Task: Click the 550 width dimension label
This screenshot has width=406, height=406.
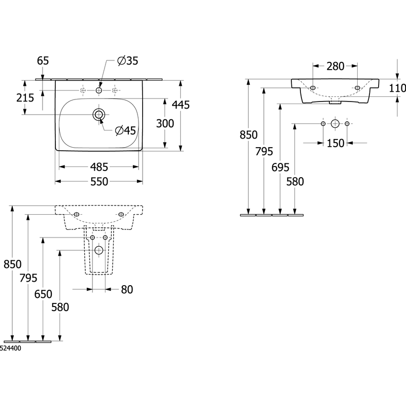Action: [x=99, y=182]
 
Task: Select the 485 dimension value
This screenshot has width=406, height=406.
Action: [x=99, y=167]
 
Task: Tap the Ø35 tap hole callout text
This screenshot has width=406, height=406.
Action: [x=128, y=61]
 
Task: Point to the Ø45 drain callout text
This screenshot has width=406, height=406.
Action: [x=125, y=130]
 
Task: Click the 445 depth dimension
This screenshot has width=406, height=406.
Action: [x=181, y=105]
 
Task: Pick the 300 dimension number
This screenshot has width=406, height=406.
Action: [x=165, y=123]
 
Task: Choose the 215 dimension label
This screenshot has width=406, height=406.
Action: [x=25, y=98]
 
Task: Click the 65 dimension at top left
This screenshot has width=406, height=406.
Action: [x=43, y=61]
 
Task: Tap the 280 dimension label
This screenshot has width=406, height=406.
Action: [x=335, y=66]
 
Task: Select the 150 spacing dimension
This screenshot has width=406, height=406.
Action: [x=335, y=143]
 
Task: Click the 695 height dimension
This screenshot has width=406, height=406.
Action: [x=281, y=167]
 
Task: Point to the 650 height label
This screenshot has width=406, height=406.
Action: [x=43, y=294]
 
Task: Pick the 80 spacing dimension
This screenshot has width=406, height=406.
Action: [x=127, y=289]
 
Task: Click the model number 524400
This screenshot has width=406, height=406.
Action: [x=10, y=348]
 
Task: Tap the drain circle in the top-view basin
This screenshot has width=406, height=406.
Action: [x=99, y=115]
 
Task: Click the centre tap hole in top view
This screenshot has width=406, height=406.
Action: [x=99, y=90]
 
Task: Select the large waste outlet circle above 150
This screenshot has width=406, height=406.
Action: [x=335, y=123]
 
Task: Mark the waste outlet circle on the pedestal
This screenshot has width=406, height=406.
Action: [x=98, y=250]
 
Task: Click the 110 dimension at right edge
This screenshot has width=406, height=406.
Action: [x=397, y=88]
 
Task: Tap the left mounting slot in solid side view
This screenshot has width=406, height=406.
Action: [x=313, y=88]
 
